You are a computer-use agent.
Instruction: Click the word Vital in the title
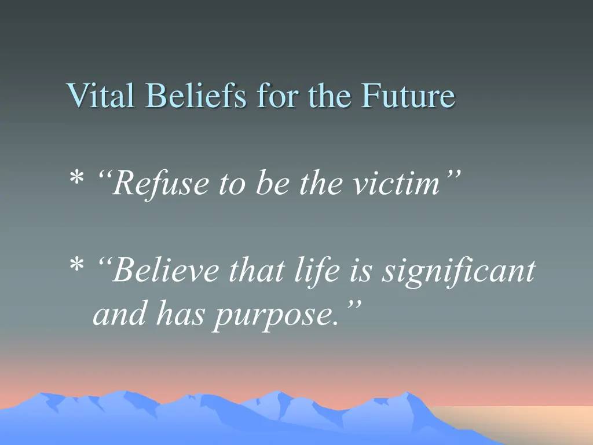point(100,96)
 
